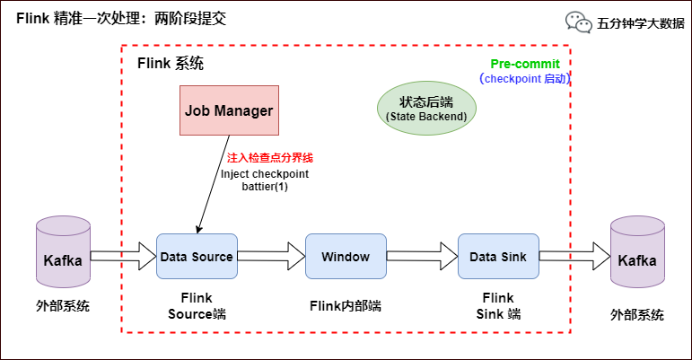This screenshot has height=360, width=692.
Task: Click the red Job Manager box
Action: (x=229, y=110)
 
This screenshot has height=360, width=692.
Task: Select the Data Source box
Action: (x=197, y=257)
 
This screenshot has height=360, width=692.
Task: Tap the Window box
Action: (x=346, y=257)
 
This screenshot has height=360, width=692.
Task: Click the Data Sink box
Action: (x=498, y=257)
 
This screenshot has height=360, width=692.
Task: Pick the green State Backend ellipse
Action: (x=426, y=110)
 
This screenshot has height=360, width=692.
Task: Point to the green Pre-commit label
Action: (x=525, y=65)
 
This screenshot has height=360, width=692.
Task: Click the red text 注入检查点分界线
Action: (x=270, y=157)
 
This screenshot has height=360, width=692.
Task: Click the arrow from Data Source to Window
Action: (x=271, y=258)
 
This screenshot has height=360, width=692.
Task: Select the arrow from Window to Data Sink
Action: (x=422, y=258)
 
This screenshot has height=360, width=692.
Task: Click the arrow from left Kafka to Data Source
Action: (x=123, y=258)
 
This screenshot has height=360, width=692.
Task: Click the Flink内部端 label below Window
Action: (x=346, y=305)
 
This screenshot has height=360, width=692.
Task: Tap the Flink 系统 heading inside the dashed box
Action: (x=171, y=64)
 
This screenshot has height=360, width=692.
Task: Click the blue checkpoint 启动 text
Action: (x=526, y=79)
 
